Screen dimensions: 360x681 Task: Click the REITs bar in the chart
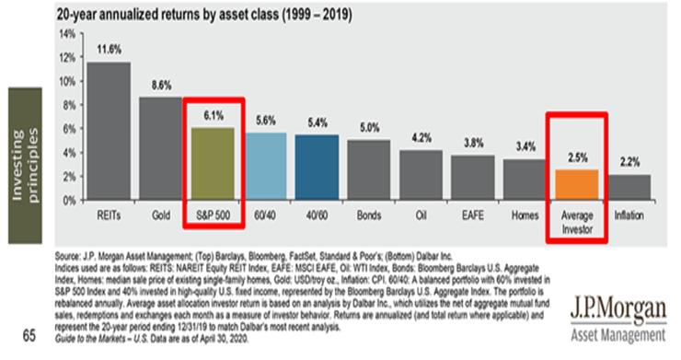coord(108,131)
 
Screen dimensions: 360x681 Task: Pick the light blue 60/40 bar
coord(266,167)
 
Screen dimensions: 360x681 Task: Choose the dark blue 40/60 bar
coord(318,168)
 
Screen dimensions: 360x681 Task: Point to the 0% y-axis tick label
coord(69,200)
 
